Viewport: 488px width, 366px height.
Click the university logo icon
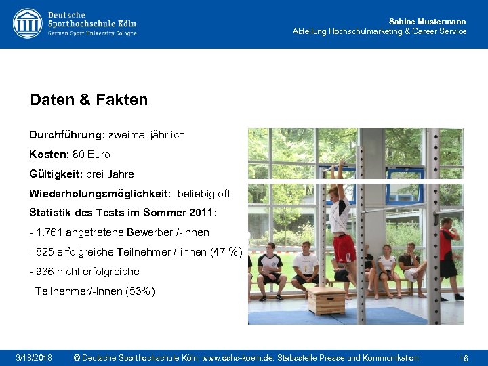point(27,23)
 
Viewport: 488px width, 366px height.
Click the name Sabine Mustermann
point(428,22)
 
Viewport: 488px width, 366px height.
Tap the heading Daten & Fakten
point(89,100)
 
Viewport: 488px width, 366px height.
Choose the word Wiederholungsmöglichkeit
point(100,194)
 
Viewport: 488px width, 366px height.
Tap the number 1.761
point(51,232)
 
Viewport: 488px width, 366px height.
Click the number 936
point(45,272)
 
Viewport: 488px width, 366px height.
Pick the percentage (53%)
point(140,291)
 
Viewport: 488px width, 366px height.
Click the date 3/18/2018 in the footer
point(34,357)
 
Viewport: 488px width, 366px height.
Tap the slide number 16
point(464,357)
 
